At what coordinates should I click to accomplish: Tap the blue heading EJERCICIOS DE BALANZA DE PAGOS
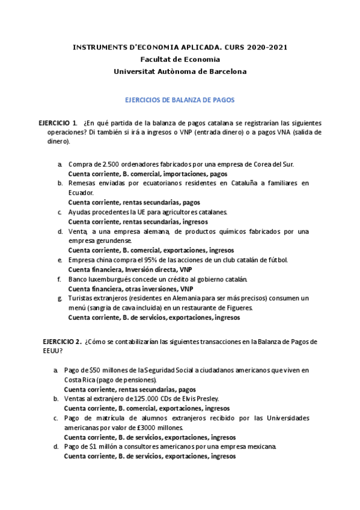[x=180, y=101]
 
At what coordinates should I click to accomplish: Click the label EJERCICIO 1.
[x=58, y=123]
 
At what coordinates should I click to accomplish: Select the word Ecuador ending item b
[x=81, y=192]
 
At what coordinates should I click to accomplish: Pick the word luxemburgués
[x=108, y=279]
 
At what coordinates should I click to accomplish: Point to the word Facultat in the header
[x=153, y=59]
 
